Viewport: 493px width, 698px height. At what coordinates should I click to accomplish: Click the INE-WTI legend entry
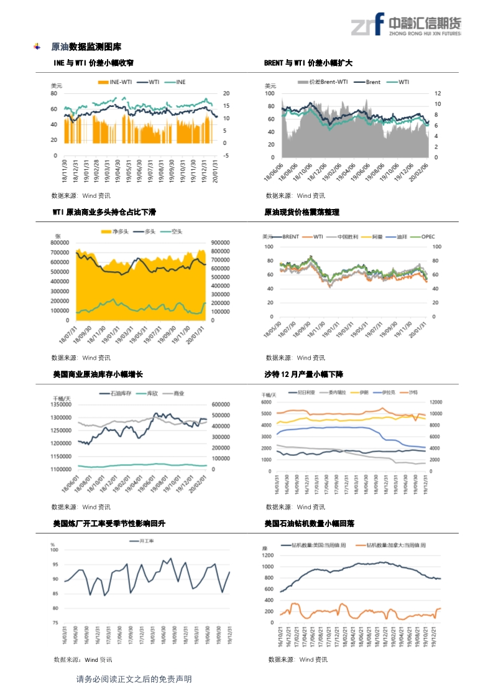pyautogui.click(x=116, y=82)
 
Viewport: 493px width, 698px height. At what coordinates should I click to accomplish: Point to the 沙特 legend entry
pyautogui.click(x=410, y=393)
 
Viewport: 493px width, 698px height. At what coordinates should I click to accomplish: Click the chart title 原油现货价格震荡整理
pyautogui.click(x=302, y=213)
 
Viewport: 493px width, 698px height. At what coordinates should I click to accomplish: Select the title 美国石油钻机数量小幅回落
pyautogui.click(x=309, y=524)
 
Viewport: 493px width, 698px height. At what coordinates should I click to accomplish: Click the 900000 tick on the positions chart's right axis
pyautogui.click(x=221, y=243)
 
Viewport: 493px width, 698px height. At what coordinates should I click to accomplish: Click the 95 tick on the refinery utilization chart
pyautogui.click(x=55, y=565)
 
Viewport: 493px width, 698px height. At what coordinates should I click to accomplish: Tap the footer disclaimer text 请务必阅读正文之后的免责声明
pyautogui.click(x=134, y=679)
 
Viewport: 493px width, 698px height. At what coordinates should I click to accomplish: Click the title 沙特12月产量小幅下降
pyautogui.click(x=303, y=375)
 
